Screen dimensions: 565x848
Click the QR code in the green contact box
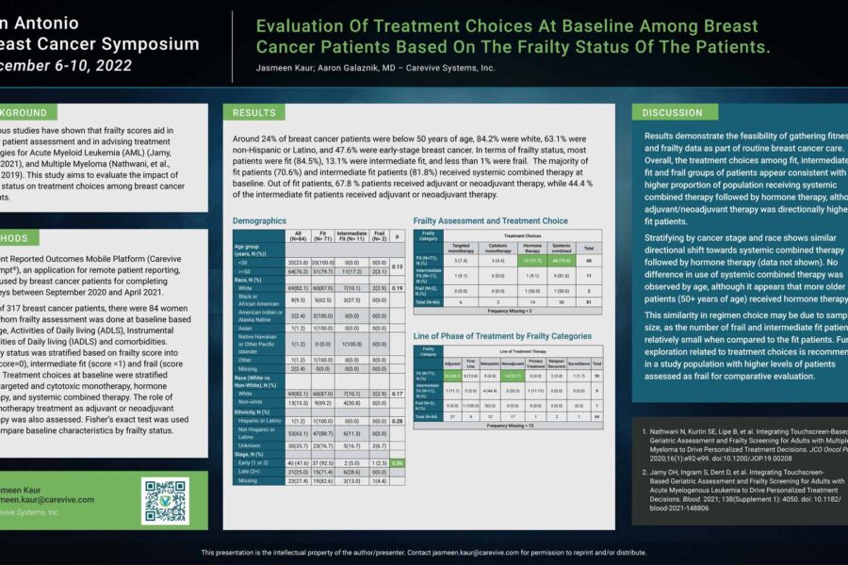[x=165, y=500]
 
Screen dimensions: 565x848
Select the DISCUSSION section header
[x=672, y=112]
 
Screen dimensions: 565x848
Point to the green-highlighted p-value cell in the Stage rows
[x=398, y=462]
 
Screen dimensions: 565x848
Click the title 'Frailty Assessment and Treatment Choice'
[x=490, y=220]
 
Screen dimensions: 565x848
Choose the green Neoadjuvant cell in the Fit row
[x=512, y=374]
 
